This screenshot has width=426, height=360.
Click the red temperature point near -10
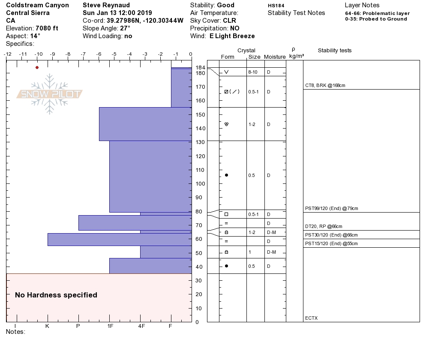coord(37,67)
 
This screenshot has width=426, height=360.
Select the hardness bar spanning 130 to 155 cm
coord(145,124)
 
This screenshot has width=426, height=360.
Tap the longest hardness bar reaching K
coord(119,239)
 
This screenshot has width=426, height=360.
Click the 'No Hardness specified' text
coord(56,295)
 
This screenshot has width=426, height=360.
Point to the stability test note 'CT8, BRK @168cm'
coord(325,85)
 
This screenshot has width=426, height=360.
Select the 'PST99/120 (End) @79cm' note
coord(331,209)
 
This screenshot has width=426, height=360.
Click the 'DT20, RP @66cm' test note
coord(324,226)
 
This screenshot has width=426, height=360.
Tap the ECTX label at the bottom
coord(311,318)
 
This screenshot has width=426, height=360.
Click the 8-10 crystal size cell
coord(253,72)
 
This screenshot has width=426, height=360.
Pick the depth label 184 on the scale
coord(200,68)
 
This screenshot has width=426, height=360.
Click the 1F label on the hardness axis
coord(110,326)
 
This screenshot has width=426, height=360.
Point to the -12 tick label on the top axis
coord(7,54)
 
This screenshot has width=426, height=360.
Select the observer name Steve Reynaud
coord(107,5)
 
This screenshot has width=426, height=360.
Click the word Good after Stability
coord(225,5)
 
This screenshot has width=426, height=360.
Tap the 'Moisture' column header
coord(275,57)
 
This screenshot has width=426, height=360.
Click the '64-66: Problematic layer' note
coord(377,13)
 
